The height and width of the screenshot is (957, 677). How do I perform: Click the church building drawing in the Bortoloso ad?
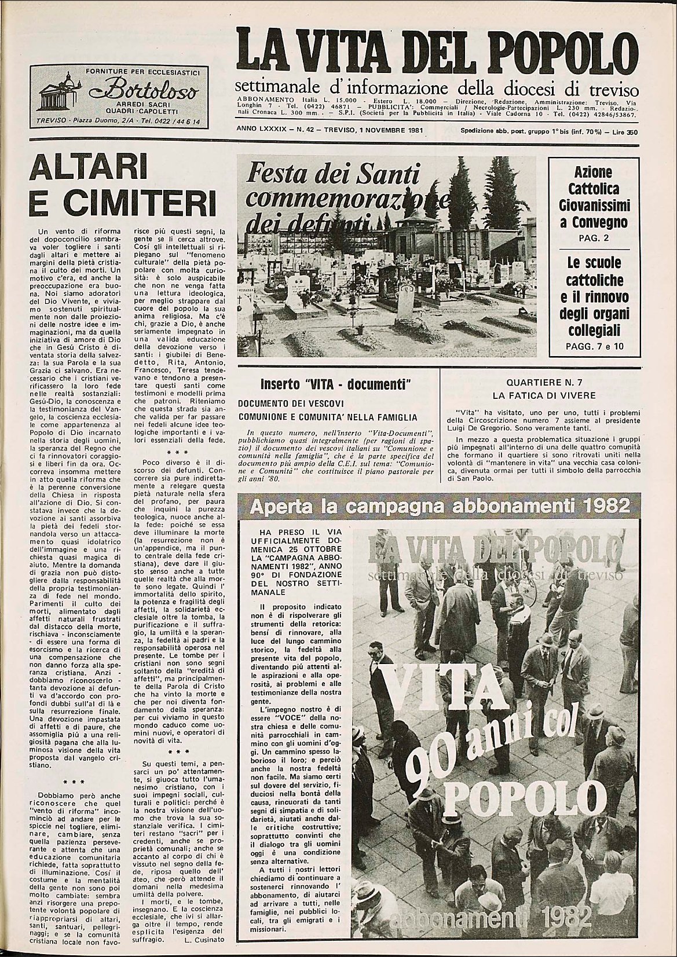(58, 93)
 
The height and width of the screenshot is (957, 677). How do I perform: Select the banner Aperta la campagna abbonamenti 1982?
(438, 507)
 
